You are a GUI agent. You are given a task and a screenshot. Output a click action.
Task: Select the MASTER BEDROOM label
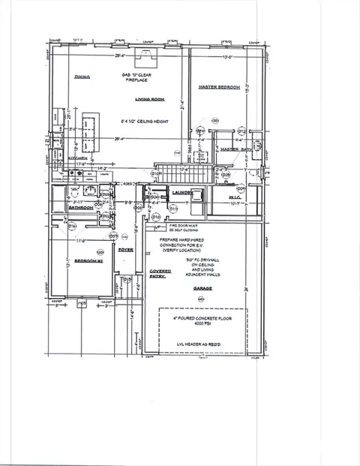pos(218,88)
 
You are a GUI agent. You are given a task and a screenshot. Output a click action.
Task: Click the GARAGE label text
pos(201,287)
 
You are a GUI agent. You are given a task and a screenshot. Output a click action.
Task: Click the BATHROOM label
pos(80,208)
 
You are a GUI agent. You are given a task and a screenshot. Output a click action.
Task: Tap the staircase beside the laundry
pos(178,174)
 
